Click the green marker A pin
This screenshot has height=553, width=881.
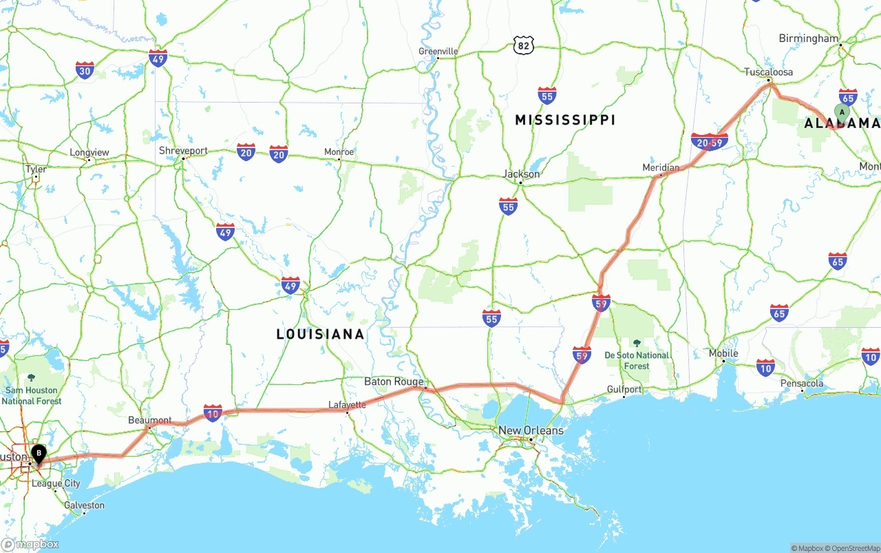click(x=842, y=112)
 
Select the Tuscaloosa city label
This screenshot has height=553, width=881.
click(x=768, y=72)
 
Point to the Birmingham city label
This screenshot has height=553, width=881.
click(x=809, y=39)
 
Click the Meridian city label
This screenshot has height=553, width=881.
click(x=661, y=167)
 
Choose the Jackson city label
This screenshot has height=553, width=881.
click(x=521, y=174)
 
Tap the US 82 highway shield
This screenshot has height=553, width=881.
click(x=524, y=45)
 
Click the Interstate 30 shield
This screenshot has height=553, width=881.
click(x=85, y=70)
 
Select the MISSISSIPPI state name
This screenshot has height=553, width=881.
click(x=565, y=120)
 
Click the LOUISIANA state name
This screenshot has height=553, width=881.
click(x=320, y=334)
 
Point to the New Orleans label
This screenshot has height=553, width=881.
click(x=531, y=430)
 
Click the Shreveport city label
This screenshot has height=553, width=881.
click(x=183, y=151)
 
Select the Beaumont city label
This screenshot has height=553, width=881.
click(x=150, y=420)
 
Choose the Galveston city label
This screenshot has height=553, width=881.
click(x=83, y=505)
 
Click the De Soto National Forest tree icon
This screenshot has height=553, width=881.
click(x=637, y=343)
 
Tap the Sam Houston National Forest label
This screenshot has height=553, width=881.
click(x=32, y=395)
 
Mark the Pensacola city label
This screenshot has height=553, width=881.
click(x=802, y=384)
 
